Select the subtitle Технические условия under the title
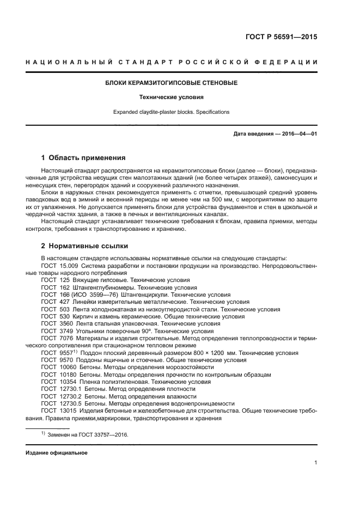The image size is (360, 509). [171, 97]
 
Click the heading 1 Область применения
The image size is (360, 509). [83, 158]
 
